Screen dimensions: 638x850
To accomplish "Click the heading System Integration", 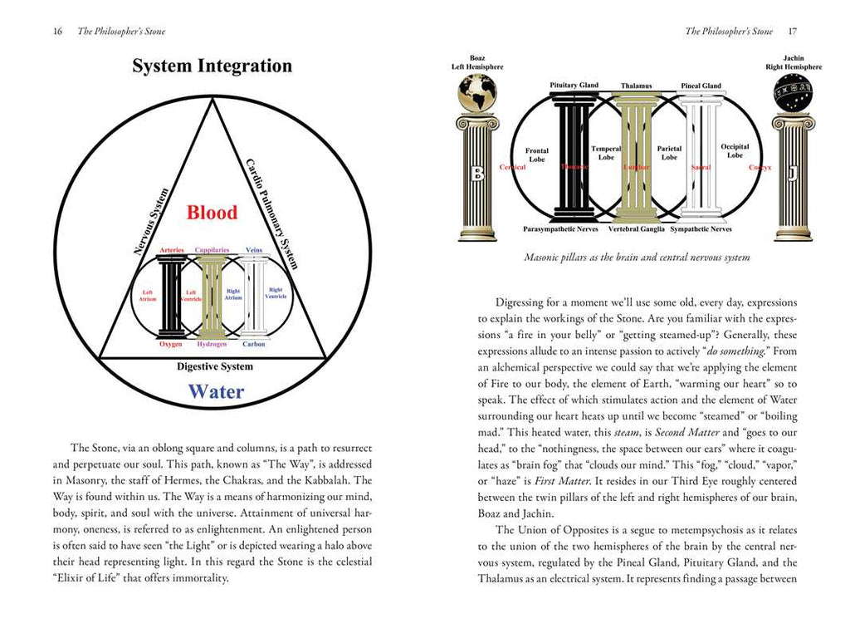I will [x=212, y=66].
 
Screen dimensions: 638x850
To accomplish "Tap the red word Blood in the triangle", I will [x=212, y=212].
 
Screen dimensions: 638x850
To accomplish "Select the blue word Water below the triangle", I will [x=215, y=391].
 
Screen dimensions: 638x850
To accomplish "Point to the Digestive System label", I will [x=215, y=366].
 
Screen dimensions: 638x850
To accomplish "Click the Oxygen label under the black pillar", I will [x=171, y=344].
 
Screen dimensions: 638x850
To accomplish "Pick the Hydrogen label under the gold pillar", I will [x=211, y=344].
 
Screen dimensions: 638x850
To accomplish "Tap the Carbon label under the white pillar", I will [x=254, y=344].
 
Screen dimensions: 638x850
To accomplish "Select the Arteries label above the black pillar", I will [x=171, y=250].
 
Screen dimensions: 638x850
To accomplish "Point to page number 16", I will [x=57, y=32].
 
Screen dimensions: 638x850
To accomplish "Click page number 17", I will [x=793, y=32].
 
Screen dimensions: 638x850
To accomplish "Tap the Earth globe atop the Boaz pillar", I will [x=477, y=92].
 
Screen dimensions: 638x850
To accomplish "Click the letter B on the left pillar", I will [x=476, y=173].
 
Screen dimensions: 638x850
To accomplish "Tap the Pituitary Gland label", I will [x=574, y=86].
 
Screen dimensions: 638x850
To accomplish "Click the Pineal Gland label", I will [x=701, y=86].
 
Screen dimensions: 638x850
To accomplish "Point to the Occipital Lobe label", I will [x=735, y=151].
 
